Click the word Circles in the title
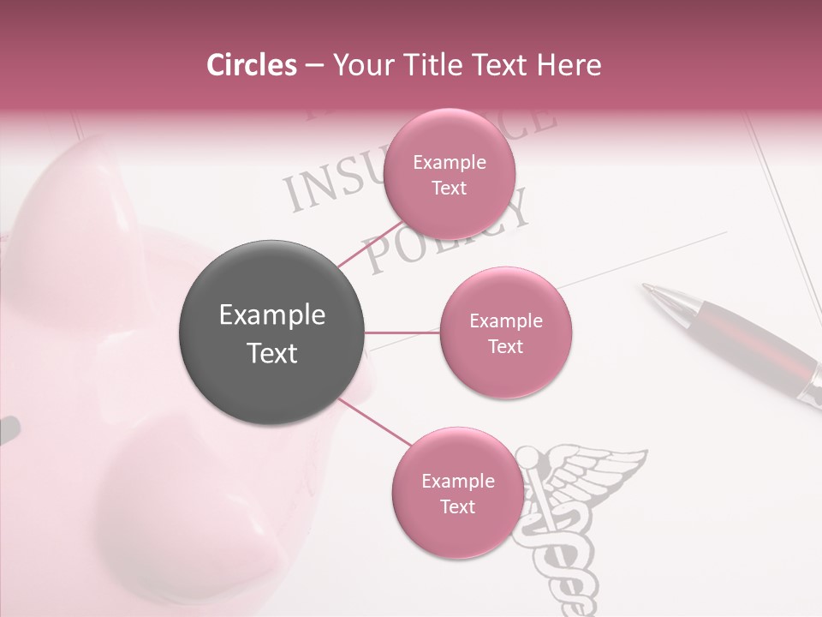coord(251,65)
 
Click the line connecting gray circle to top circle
coord(370,243)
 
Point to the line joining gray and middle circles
coord(402,332)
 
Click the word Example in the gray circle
coord(271,315)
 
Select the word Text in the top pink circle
coord(449,188)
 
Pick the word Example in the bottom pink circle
coord(457,481)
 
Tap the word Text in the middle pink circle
coord(505,346)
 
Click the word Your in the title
coord(360,65)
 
